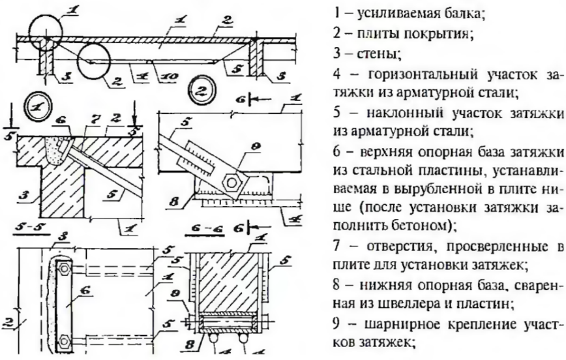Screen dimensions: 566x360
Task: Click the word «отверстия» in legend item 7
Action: pos(402,247)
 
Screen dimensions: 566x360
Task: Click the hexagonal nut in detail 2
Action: pos(230,183)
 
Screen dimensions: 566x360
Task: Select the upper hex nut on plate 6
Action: pos(65,269)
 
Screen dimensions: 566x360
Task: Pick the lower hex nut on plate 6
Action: pos(65,340)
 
